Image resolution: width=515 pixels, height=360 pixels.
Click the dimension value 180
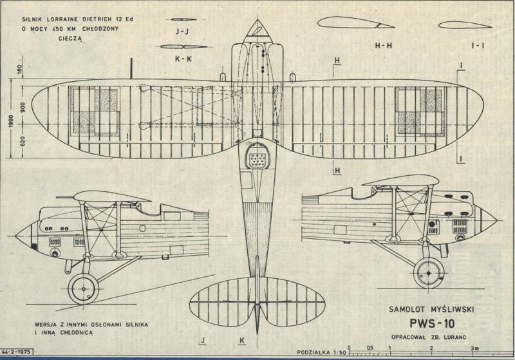coord(23,70)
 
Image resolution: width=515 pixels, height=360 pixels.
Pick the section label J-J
coord(180,30)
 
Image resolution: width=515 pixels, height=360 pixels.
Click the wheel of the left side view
coord(82,288)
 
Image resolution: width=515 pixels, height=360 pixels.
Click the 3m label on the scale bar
coord(474,348)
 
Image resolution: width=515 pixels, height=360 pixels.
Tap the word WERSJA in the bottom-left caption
coord(50,323)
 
